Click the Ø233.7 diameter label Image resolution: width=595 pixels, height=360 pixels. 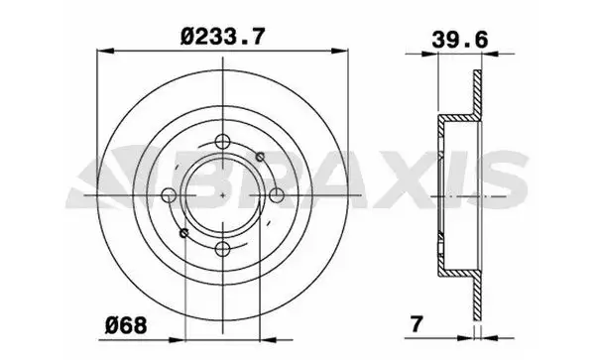click(x=221, y=37)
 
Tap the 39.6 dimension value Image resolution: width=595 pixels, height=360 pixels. click(x=460, y=40)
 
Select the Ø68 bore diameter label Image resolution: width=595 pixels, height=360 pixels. click(x=126, y=325)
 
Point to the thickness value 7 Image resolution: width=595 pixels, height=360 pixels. click(x=416, y=324)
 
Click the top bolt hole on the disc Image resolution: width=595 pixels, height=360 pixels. click(x=222, y=142)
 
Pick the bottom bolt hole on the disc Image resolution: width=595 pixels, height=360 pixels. click(x=222, y=249)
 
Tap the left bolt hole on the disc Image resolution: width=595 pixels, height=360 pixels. click(x=169, y=195)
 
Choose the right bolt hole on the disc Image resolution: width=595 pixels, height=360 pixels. click(x=277, y=195)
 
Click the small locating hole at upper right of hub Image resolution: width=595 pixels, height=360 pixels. click(x=260, y=156)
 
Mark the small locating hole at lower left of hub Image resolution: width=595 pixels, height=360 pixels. click(x=184, y=232)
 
